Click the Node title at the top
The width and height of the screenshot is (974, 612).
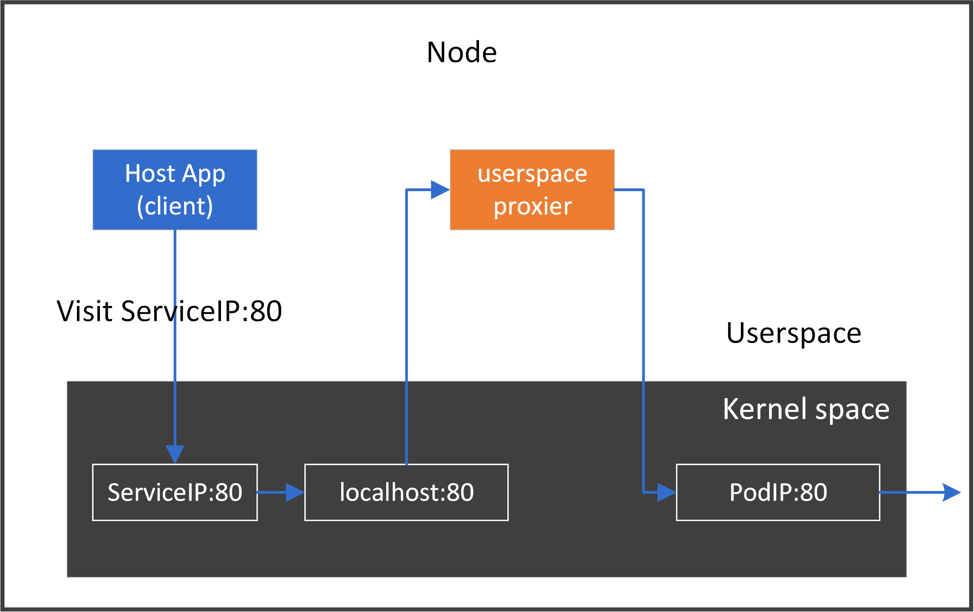(x=461, y=53)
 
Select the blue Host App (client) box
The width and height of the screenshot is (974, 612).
(x=175, y=189)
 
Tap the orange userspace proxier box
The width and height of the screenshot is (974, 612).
(x=532, y=189)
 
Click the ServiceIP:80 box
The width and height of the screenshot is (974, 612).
(x=175, y=492)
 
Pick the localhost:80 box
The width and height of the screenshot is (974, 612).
(x=406, y=492)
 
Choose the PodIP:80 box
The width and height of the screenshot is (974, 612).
(x=778, y=492)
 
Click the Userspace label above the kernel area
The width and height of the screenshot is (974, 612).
(x=794, y=333)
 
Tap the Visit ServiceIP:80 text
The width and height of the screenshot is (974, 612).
(x=169, y=311)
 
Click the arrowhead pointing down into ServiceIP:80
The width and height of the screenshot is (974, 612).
(x=175, y=454)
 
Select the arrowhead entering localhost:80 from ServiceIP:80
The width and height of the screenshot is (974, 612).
(x=295, y=492)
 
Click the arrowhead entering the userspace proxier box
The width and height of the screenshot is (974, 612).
(x=440, y=189)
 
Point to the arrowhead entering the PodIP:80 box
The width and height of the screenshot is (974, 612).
(x=666, y=492)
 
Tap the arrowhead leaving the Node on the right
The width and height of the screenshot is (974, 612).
(x=952, y=492)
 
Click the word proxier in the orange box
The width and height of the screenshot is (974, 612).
(x=533, y=207)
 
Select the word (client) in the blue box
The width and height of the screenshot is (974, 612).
(x=175, y=206)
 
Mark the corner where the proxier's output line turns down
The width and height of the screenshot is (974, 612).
(x=643, y=190)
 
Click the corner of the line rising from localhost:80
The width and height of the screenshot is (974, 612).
(x=406, y=190)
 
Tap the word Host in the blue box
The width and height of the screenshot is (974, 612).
(x=150, y=173)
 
